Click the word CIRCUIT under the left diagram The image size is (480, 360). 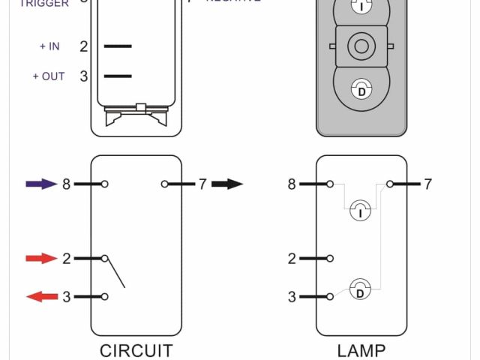tap(136, 350)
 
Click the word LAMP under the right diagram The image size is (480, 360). tap(361, 350)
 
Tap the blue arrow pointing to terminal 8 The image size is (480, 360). tap(41, 184)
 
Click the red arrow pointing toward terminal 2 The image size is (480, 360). tap(41, 259)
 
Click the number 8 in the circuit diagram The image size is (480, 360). tap(66, 184)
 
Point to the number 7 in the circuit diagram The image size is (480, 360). tap(202, 184)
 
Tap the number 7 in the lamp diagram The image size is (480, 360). tap(427, 184)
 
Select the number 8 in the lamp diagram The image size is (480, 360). tap(292, 184)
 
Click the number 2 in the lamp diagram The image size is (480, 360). tap(292, 259)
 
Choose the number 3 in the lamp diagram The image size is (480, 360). tap(292, 297)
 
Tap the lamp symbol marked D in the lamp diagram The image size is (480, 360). tap(360, 289)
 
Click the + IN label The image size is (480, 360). tap(49, 46)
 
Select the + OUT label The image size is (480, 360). tap(49, 76)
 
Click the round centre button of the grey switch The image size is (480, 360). tap(361, 47)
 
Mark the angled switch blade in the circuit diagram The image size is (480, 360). tap(115, 271)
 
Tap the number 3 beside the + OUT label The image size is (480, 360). tap(84, 76)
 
